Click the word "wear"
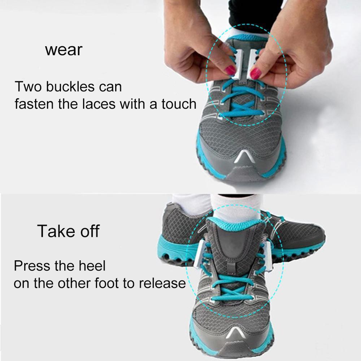point(64,50)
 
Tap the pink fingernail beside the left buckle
point(230,70)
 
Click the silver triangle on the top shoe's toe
point(241,158)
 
